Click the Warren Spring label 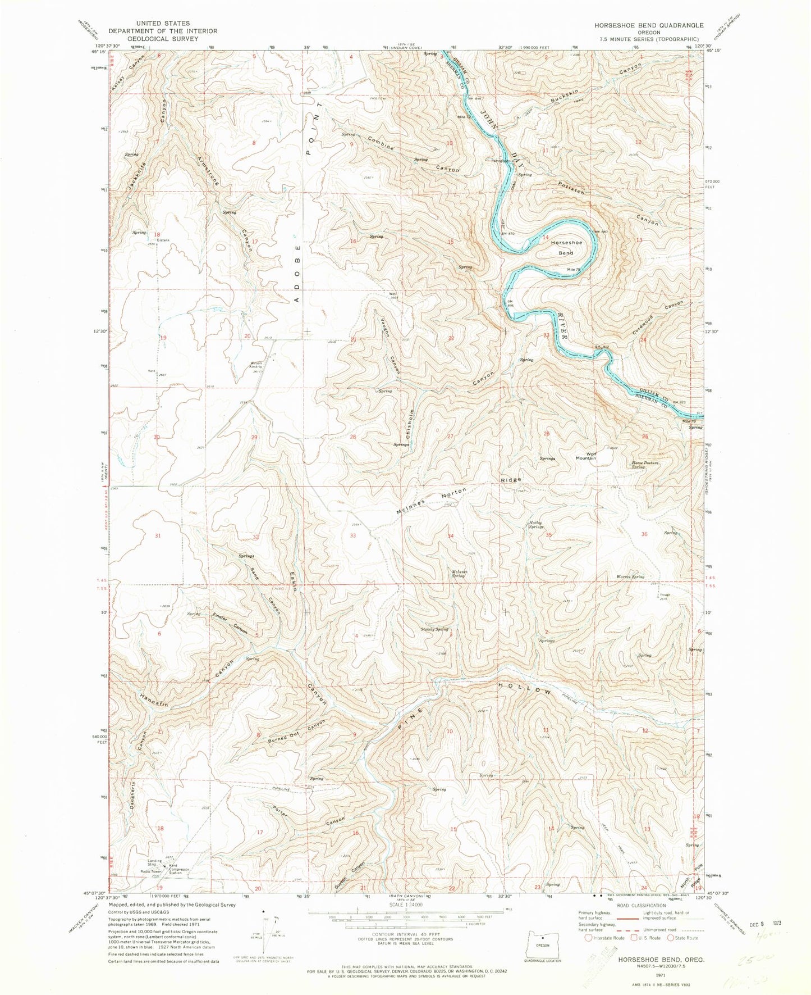click(x=630, y=577)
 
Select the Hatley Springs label click(x=537, y=525)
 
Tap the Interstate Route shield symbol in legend click(x=588, y=938)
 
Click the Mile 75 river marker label click(x=572, y=271)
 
